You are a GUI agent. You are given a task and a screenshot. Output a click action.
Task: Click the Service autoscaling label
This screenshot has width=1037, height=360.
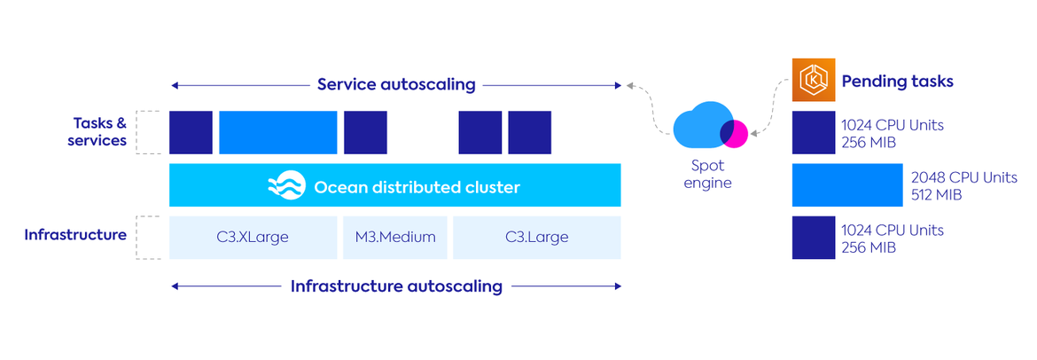396,85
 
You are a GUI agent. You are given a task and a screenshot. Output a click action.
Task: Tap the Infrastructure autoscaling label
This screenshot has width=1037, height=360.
396,286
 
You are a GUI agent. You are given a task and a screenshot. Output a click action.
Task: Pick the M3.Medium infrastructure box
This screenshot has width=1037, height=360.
396,237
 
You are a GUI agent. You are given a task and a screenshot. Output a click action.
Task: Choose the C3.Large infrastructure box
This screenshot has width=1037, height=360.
536,237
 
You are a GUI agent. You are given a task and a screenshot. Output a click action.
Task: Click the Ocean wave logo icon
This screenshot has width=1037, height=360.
286,186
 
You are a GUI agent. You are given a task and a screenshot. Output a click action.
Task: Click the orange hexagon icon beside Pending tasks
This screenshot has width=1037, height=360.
813,81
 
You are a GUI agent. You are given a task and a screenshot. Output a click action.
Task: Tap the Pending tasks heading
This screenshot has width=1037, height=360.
897,82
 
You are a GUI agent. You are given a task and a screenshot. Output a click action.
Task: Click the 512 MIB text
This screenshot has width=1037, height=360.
936,195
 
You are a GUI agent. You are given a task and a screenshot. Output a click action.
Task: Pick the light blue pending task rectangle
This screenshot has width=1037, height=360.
847,186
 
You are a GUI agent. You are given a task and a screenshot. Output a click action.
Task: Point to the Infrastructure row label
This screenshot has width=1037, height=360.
75,236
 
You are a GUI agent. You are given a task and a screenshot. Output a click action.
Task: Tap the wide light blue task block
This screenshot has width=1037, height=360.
278,133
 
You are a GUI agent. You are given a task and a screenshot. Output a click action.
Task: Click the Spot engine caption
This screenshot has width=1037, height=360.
707,174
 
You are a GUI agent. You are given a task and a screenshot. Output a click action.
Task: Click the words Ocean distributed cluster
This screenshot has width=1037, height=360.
417,187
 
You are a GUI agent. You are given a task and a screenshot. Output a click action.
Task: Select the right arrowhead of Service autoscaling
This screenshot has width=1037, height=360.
619,86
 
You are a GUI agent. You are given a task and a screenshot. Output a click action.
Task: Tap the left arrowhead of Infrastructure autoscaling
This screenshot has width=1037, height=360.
175,286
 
